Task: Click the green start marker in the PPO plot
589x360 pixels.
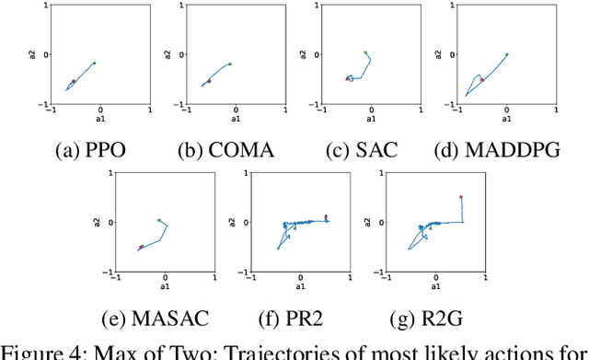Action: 94,63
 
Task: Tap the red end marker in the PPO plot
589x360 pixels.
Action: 74,81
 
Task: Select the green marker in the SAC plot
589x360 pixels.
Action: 365,52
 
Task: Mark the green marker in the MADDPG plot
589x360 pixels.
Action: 506,54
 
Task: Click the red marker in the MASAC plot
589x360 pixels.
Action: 141,247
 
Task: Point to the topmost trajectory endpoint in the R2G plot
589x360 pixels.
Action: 461,196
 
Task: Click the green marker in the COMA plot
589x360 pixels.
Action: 230,64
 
